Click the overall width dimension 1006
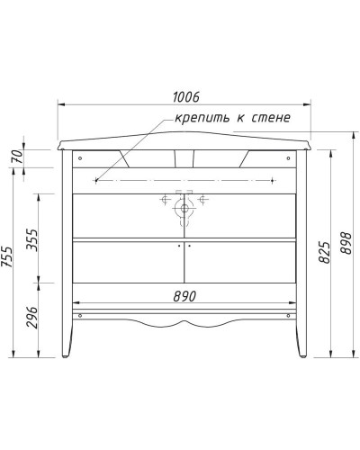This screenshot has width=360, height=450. point(184,96)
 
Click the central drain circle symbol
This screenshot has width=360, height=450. point(184,208)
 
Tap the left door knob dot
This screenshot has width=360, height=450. point(179,246)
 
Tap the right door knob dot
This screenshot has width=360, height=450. point(190,246)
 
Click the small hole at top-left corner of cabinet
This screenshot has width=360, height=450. point(81,157)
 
